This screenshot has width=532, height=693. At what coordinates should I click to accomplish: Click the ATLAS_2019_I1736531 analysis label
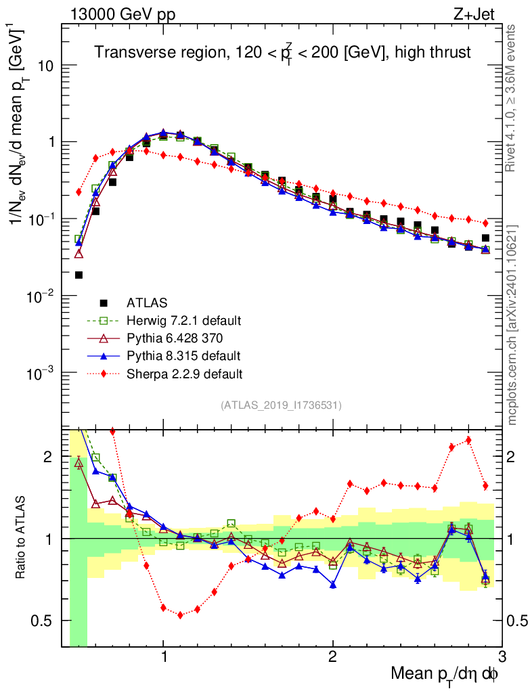(x=281, y=405)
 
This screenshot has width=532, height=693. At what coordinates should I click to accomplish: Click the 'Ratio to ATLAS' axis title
(x=22, y=538)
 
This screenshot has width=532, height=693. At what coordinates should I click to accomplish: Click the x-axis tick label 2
(x=332, y=657)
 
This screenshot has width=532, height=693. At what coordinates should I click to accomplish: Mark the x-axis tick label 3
(x=501, y=657)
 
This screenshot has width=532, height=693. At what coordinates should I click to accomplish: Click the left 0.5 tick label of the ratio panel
(x=45, y=621)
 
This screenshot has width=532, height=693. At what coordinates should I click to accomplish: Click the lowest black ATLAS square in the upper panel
(x=79, y=275)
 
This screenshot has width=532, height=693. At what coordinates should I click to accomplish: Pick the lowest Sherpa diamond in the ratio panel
(x=180, y=614)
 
